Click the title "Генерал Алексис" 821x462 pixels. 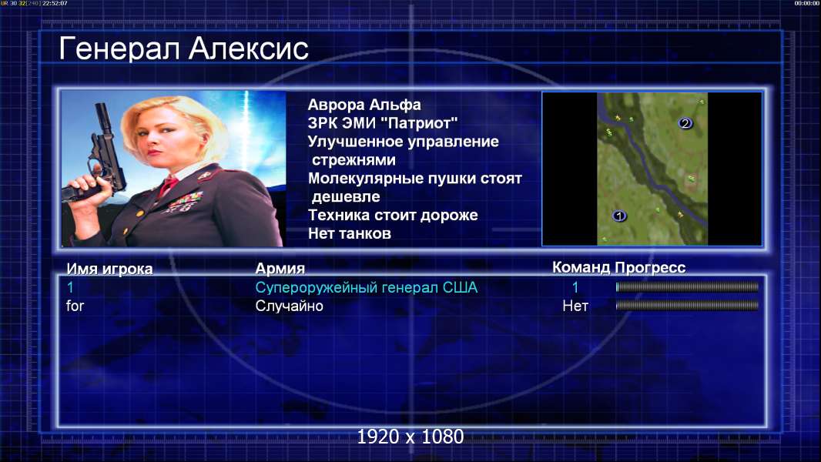point(183,49)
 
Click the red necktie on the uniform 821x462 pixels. point(169,185)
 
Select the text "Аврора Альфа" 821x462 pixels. point(364,105)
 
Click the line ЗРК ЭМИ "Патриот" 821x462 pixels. point(383,123)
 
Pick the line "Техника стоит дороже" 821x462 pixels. point(393,215)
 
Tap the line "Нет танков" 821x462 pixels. point(349,233)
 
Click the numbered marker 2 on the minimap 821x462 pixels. point(685,123)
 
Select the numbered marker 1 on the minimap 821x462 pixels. point(619,216)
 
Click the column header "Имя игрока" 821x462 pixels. point(109,269)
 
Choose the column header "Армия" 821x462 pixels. point(280,269)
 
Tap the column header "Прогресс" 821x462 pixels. point(650,268)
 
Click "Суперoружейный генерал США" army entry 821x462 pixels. point(366,287)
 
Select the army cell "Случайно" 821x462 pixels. point(289,306)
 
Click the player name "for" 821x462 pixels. point(75,306)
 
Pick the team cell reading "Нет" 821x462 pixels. point(575,306)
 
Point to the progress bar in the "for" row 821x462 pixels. point(687,305)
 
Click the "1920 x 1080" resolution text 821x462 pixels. point(410,437)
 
